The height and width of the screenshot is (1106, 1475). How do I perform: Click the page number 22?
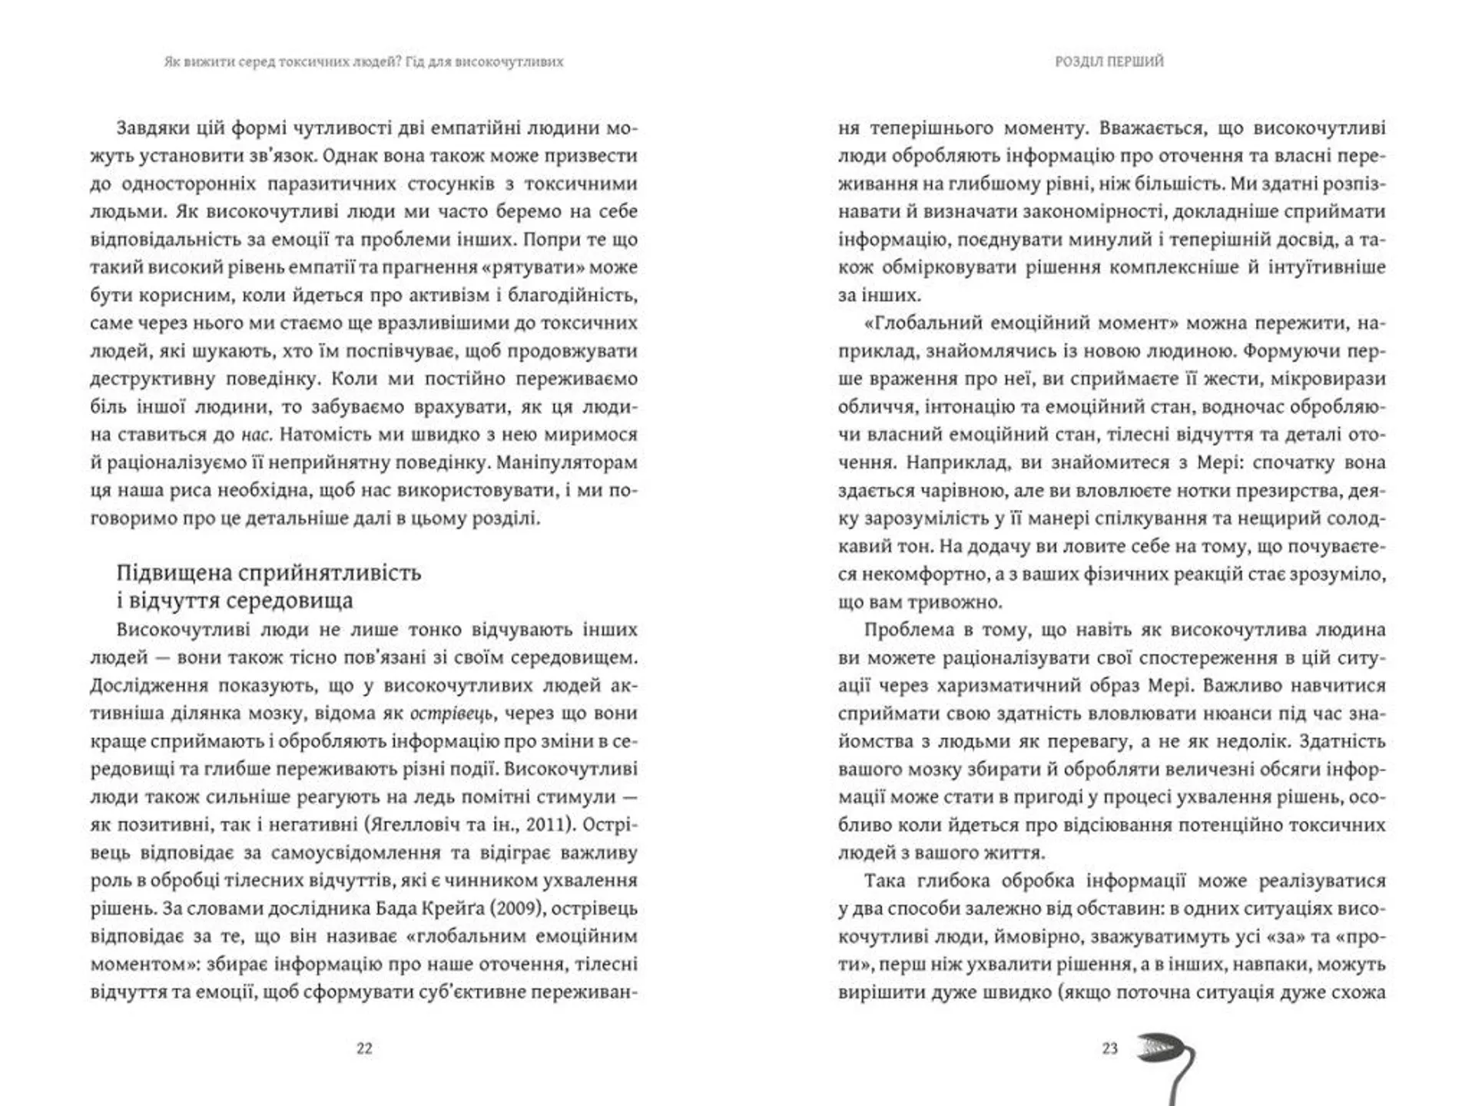[364, 1048]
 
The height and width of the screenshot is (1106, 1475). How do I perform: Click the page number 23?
[1109, 1048]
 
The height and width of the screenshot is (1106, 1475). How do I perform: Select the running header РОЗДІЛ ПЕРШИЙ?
[1109, 61]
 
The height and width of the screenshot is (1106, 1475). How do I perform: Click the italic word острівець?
[451, 713]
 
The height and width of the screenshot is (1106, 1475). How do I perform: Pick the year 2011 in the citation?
[552, 824]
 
